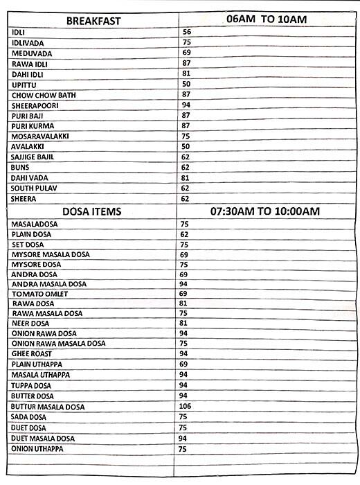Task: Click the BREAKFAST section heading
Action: click(93, 21)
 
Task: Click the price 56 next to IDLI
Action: click(186, 32)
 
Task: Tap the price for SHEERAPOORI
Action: click(186, 105)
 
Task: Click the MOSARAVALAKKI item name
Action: click(41, 136)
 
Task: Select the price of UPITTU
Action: click(186, 84)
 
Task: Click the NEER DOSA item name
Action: click(30, 323)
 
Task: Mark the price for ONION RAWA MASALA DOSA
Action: click(184, 343)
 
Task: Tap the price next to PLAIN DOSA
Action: click(184, 234)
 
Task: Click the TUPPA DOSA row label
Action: click(32, 385)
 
